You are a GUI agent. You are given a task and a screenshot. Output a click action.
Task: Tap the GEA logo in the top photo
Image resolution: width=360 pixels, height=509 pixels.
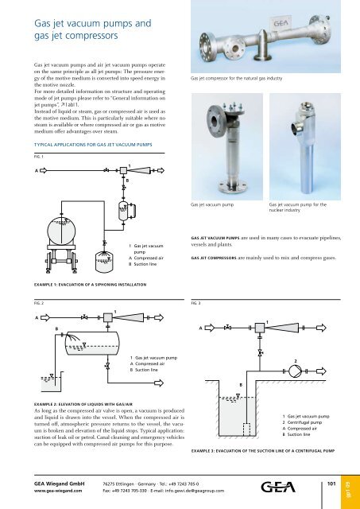click(x=312, y=26)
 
